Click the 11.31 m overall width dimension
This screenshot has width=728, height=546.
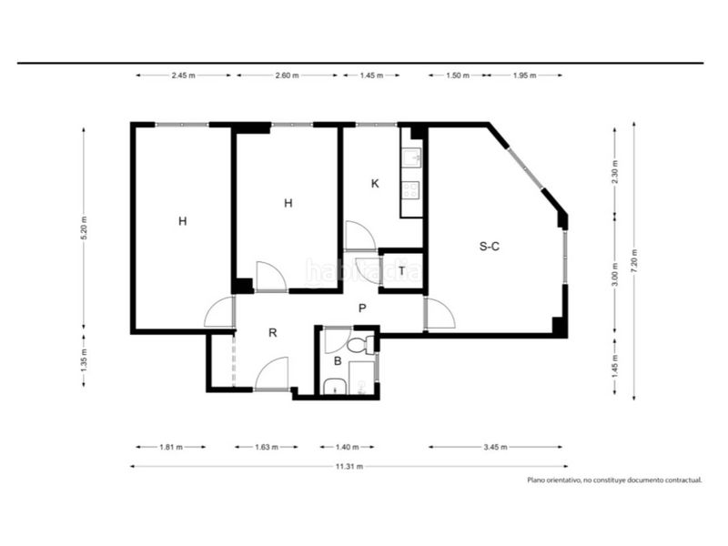(349, 467)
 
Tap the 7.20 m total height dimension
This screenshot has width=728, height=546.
(634, 261)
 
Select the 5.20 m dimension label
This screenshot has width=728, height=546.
(84, 228)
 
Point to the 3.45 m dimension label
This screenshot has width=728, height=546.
(495, 447)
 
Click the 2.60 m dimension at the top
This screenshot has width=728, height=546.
(287, 76)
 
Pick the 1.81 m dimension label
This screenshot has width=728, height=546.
(171, 447)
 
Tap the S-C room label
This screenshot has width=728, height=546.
(490, 246)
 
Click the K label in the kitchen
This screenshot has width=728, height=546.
(375, 184)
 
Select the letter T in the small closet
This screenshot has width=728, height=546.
(401, 270)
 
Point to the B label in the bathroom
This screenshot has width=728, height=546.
(338, 360)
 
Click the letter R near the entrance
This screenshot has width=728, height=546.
(272, 332)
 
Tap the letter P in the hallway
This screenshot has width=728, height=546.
(362, 308)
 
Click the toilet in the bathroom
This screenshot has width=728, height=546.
(360, 344)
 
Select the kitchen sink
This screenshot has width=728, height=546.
(411, 157)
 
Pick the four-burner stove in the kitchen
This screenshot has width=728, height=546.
(410, 189)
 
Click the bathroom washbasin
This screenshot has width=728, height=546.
(333, 386)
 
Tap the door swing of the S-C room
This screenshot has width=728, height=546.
(440, 313)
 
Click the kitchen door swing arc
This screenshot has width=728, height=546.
(360, 235)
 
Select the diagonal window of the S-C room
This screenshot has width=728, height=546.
(525, 167)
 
